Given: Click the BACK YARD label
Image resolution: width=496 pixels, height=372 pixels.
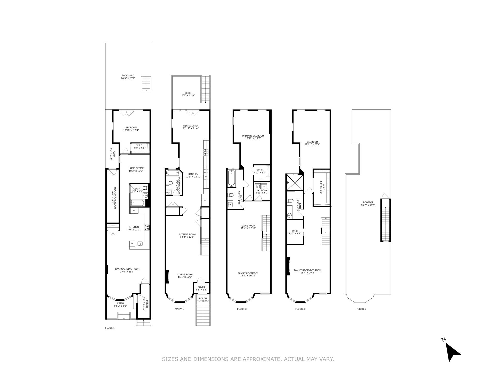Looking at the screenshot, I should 128,76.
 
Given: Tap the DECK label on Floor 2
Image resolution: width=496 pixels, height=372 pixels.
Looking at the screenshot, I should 187,93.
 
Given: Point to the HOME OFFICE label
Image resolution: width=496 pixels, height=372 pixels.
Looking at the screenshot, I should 136,168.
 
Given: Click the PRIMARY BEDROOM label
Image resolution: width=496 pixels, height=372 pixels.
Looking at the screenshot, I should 253,136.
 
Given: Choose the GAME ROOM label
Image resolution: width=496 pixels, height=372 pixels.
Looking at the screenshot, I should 248,226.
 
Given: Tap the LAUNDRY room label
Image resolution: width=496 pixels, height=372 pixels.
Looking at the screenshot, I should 262,190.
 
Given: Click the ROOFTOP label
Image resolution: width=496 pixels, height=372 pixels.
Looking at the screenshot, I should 368,203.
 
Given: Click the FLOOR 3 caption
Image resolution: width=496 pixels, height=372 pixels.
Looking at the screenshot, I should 242,309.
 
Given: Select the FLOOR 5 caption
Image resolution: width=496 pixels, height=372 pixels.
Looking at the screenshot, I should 361,309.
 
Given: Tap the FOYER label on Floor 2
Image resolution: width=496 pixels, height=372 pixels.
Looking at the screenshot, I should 201,287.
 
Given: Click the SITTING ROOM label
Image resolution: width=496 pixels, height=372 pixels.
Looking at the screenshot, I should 187,235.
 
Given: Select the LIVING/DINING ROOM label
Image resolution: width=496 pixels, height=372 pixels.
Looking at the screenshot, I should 127,269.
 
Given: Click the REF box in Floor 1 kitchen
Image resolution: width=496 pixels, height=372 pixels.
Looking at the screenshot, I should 134,211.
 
